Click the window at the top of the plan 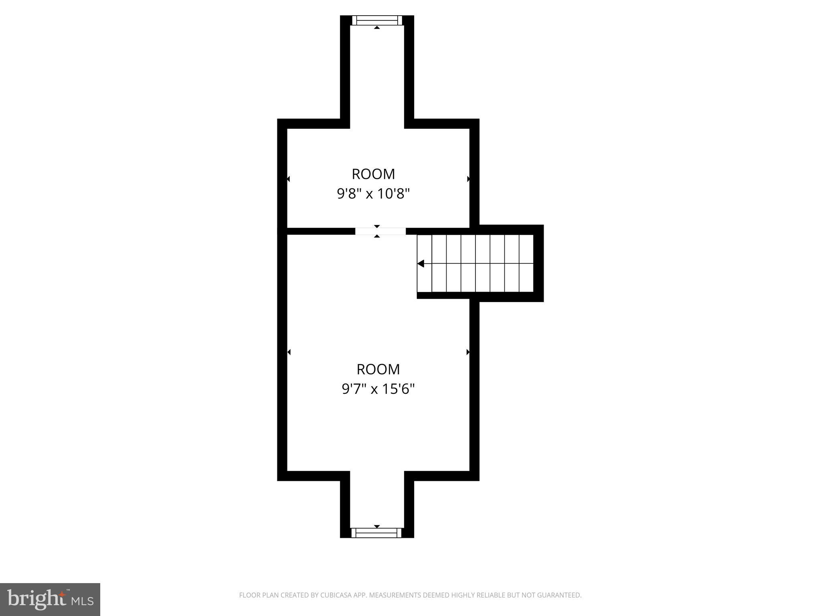376,20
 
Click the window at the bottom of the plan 376,533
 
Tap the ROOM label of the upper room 373,174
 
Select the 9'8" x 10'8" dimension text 373,194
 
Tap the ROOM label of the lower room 378,369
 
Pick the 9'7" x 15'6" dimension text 378,389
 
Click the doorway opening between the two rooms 380,231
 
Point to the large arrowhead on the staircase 421,263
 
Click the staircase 475,263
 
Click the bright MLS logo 50,599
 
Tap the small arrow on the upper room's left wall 288,179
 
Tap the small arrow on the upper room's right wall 468,179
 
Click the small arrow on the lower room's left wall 289,352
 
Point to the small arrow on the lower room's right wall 468,352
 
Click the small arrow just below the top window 377,27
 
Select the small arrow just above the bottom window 377,526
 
